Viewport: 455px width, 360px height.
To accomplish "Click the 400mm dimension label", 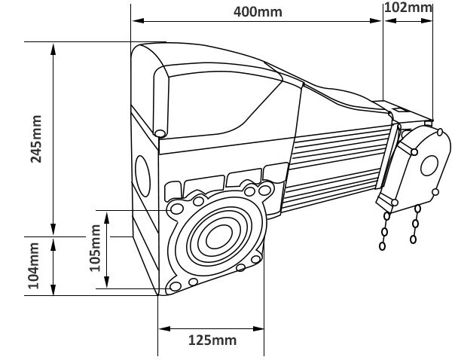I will [254, 12].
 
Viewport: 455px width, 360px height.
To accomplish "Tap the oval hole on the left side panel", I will [143, 175].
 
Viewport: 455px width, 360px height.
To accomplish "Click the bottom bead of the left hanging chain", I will [382, 246].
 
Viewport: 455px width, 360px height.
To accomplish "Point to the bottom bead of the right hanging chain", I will [413, 240].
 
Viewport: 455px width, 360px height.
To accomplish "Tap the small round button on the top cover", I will [160, 133].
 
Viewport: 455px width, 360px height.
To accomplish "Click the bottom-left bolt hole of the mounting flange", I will [175, 287].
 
